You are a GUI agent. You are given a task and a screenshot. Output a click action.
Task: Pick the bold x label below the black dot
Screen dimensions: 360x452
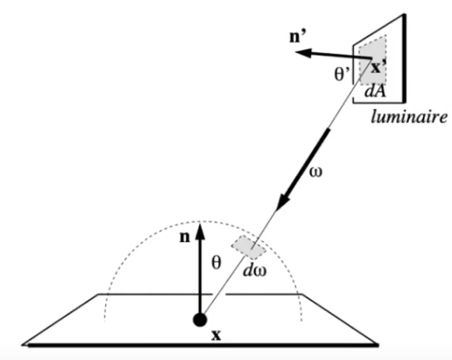[205, 338]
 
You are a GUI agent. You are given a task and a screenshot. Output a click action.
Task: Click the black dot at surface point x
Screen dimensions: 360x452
[200, 319]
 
